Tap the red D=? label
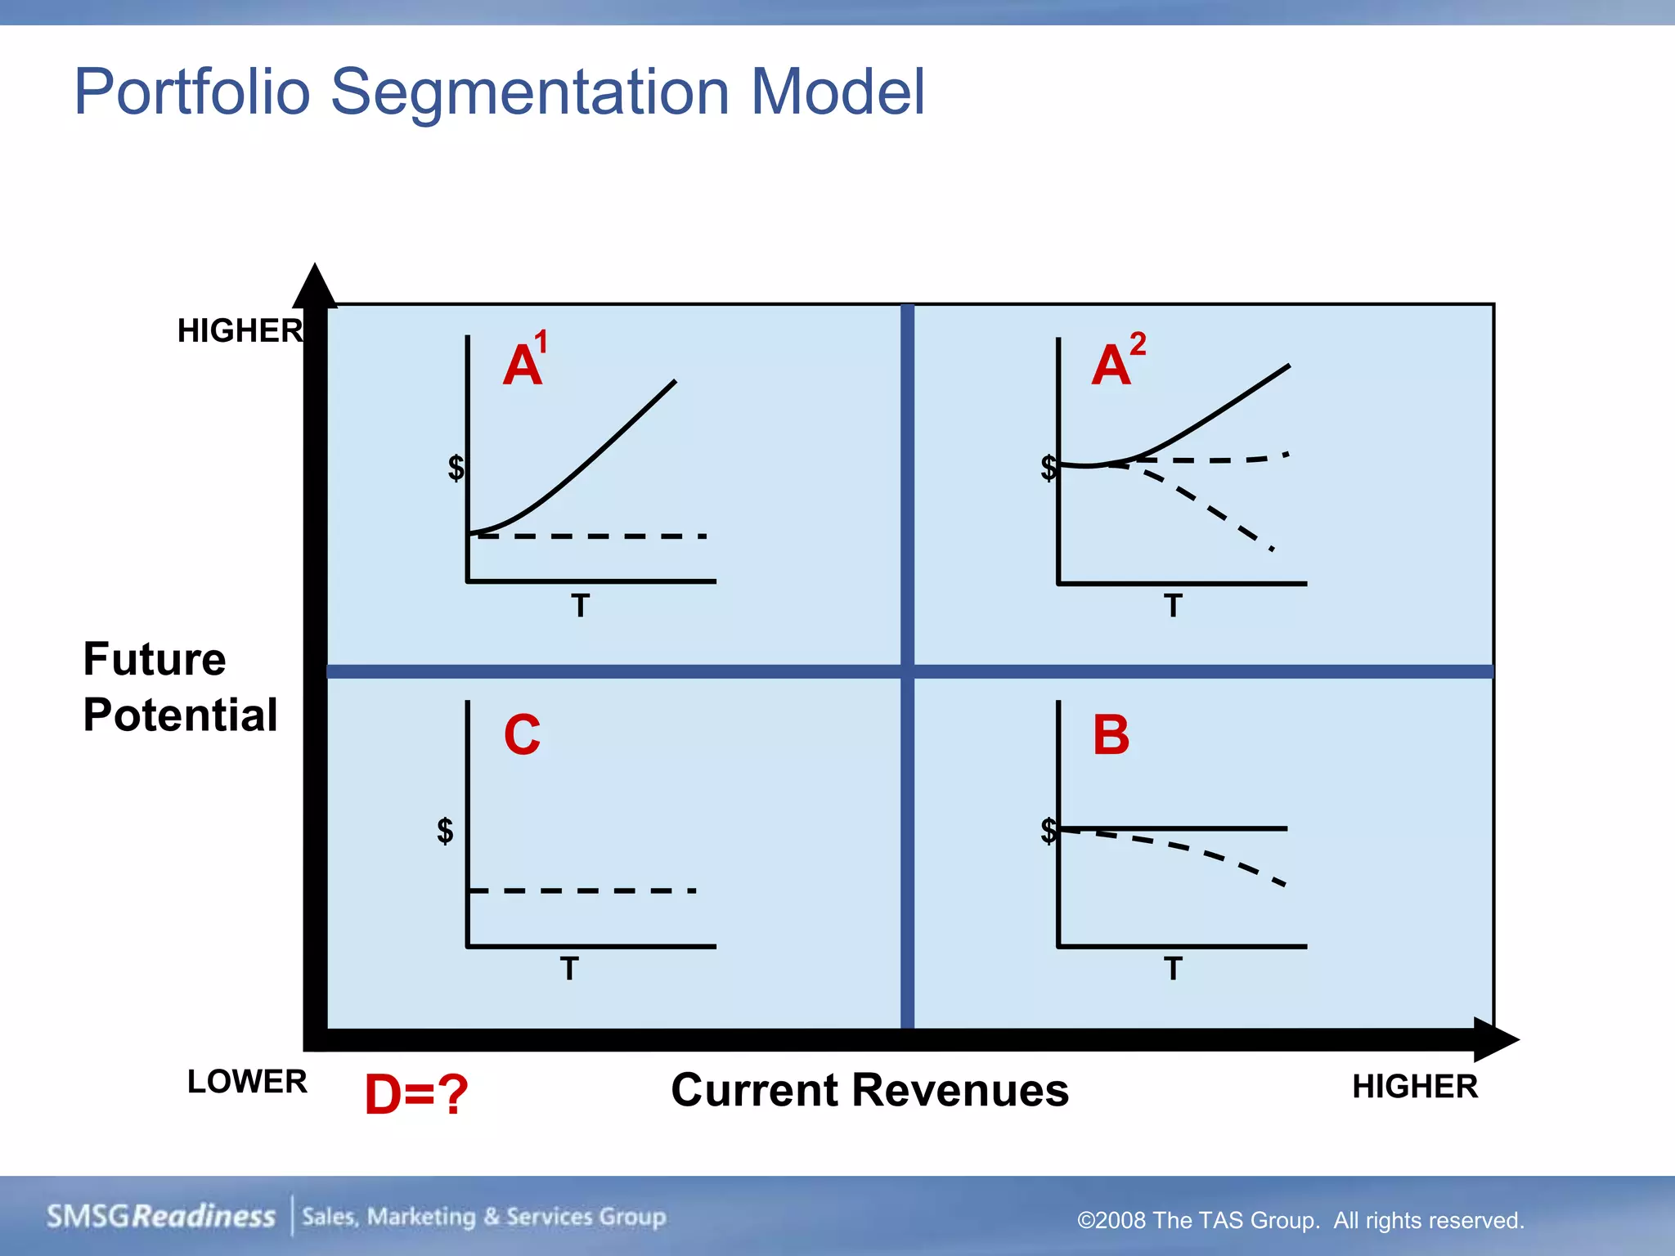pyautogui.click(x=416, y=1094)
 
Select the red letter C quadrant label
pyautogui.click(x=522, y=734)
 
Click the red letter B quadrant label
pyautogui.click(x=1111, y=734)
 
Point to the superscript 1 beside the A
pyautogui.click(x=541, y=342)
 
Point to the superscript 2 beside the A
pyautogui.click(x=1138, y=343)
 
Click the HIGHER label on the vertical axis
pyautogui.click(x=240, y=331)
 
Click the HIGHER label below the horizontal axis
pyautogui.click(x=1415, y=1087)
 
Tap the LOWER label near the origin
pyautogui.click(x=247, y=1082)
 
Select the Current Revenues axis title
pyautogui.click(x=869, y=1090)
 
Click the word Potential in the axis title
pyautogui.click(x=181, y=715)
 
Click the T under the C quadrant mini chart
pyautogui.click(x=569, y=969)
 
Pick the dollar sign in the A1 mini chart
pyautogui.click(x=456, y=468)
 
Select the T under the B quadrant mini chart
pyautogui.click(x=1173, y=969)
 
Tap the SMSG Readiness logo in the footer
pyautogui.click(x=161, y=1217)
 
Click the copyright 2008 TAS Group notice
pyautogui.click(x=1300, y=1221)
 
